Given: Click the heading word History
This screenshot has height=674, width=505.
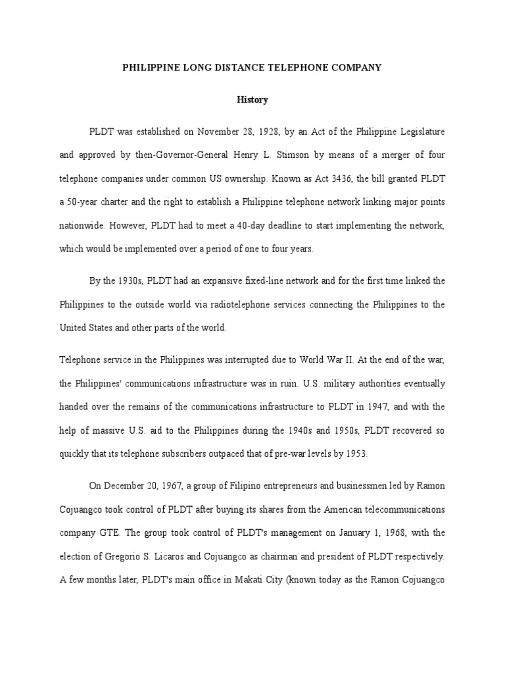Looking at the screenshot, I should [252, 100].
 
